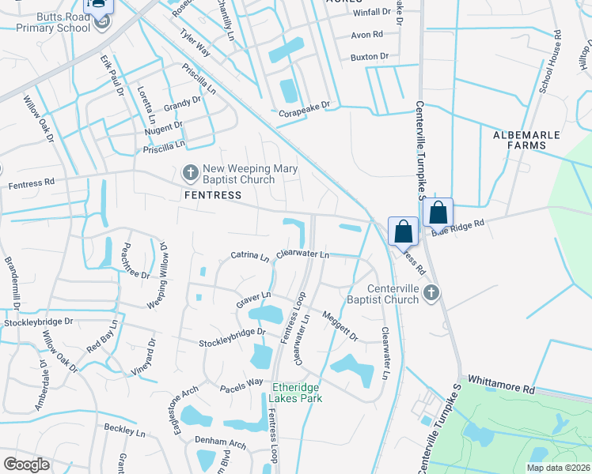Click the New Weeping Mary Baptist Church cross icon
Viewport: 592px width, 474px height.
190,172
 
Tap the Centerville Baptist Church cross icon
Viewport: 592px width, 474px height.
431,294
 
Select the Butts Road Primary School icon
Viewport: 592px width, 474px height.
101,21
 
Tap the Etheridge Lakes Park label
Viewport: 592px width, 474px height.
296,392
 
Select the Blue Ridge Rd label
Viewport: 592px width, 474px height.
457,226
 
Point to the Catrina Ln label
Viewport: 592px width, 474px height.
250,255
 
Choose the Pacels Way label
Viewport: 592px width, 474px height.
241,382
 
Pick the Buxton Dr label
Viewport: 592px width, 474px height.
369,57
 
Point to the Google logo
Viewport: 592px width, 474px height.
26,464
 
